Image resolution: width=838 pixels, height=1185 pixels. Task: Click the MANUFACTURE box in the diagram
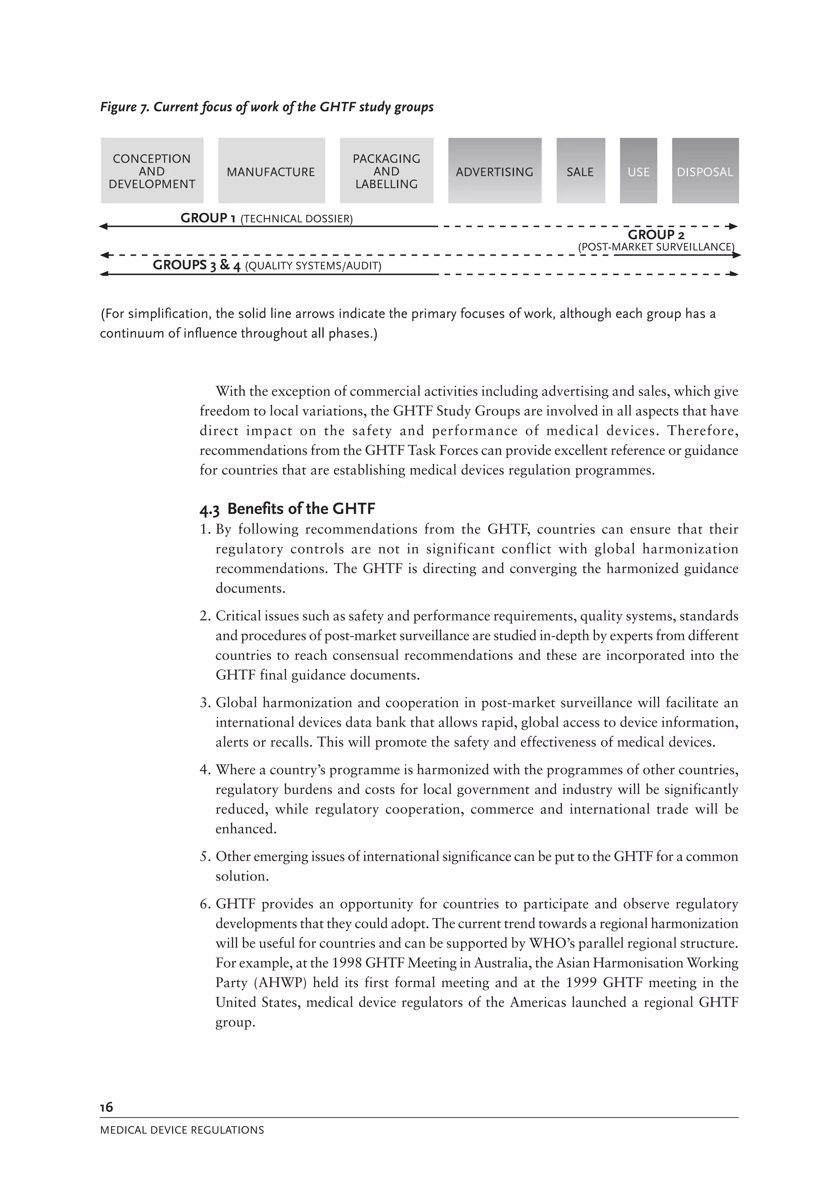[x=271, y=171]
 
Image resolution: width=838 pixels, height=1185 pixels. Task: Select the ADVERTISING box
[x=494, y=171]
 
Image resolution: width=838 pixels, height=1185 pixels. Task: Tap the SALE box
[x=580, y=171]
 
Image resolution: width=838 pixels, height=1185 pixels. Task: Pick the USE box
[x=638, y=171]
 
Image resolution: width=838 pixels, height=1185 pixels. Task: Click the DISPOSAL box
[x=705, y=171]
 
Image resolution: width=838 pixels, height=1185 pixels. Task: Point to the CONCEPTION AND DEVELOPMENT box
[x=152, y=171]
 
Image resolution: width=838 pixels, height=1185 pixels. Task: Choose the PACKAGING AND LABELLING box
[x=386, y=171]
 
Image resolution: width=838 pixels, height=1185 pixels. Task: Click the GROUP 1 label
[x=208, y=218]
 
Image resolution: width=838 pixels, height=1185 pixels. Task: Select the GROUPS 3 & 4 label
[x=197, y=265]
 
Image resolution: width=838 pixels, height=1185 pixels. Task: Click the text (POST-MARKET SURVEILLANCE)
[x=656, y=247]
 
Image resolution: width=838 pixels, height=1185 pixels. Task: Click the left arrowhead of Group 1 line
[x=103, y=226]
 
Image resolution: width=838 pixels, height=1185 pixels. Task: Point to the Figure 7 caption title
[x=266, y=107]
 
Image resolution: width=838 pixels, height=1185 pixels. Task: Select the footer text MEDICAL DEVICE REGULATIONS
[x=182, y=1130]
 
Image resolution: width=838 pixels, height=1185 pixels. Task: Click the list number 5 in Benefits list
[x=204, y=857]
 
